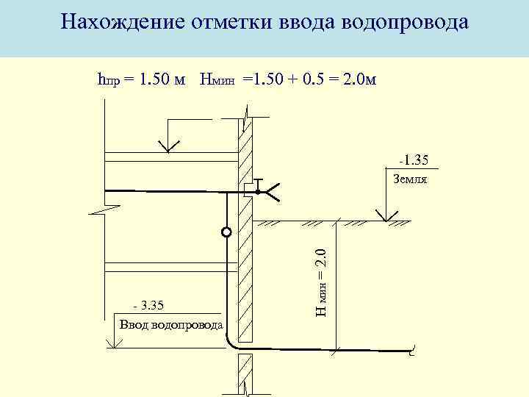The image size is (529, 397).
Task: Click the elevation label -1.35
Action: [414, 159]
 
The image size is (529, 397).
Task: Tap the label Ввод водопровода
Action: [170, 325]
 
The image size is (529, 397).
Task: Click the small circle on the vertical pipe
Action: [226, 233]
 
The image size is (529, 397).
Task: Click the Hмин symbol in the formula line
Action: [217, 79]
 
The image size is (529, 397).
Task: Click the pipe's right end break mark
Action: [413, 353]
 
